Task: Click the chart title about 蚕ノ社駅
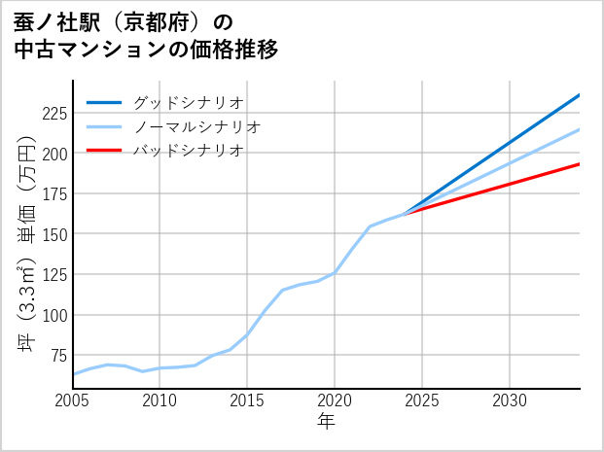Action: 147,35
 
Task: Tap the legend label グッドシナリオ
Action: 188,102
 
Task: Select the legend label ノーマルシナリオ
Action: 196,126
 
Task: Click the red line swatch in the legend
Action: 105,151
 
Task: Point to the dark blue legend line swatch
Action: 105,102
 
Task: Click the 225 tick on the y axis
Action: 53,113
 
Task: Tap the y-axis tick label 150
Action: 53,234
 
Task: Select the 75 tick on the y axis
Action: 57,356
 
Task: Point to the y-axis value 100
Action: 53,315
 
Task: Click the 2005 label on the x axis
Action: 73,400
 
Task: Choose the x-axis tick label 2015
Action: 247,400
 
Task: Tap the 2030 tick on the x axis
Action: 510,400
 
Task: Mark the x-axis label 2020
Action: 335,400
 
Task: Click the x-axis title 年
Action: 326,422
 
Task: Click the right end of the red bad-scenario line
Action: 579,164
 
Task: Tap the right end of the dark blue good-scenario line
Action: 579,95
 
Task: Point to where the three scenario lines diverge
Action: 405,213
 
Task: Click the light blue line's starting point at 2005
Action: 73,374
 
